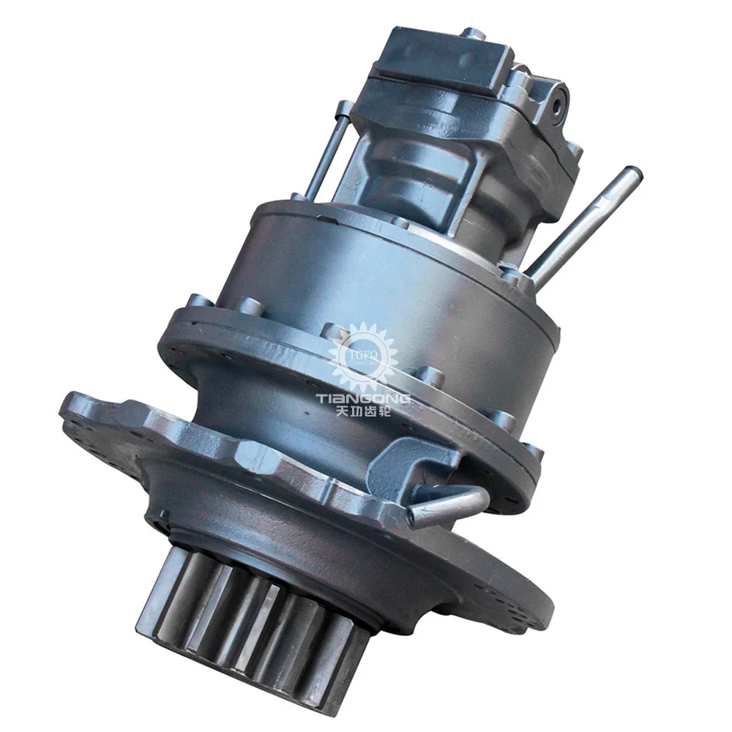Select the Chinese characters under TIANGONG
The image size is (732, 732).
[363, 411]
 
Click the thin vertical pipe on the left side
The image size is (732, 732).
[326, 149]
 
